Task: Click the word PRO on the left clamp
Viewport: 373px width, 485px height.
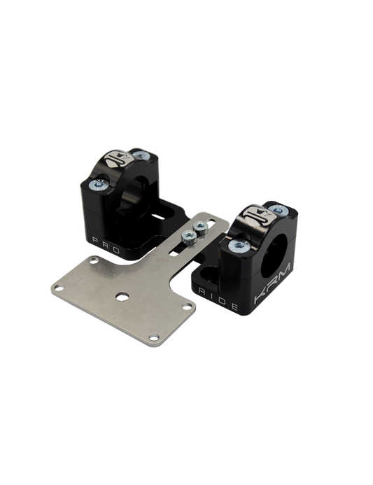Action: tap(106, 245)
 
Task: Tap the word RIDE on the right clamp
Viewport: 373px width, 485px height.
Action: tap(218, 299)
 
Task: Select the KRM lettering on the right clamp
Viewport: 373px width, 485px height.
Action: tap(272, 283)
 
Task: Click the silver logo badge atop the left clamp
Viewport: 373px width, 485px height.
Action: tap(118, 159)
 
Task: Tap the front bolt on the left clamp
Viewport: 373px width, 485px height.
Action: tap(98, 185)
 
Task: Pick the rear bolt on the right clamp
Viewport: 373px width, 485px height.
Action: tap(279, 211)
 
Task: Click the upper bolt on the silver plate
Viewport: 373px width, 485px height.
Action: tap(200, 227)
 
